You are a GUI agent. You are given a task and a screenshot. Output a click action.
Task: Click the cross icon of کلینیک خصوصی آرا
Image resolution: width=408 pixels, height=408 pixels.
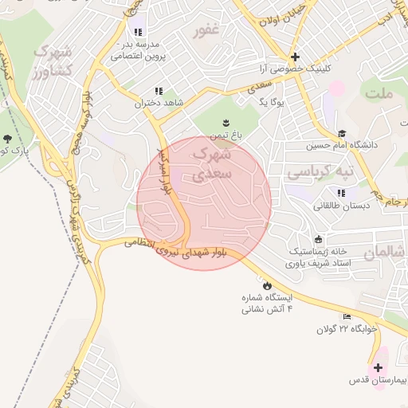(x=295, y=57)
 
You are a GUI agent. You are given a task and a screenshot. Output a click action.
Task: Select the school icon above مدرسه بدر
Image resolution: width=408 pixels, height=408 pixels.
(x=138, y=33)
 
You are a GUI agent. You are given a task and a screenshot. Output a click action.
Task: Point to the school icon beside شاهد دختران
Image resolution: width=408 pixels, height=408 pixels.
(x=159, y=91)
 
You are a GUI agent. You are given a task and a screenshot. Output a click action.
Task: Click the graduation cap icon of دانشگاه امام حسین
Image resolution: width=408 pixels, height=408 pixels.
(x=342, y=134)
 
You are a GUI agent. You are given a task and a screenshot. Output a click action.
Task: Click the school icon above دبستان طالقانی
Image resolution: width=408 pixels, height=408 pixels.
(x=341, y=193)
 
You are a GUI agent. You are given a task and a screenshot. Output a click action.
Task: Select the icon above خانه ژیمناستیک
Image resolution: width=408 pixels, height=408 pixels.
(x=319, y=239)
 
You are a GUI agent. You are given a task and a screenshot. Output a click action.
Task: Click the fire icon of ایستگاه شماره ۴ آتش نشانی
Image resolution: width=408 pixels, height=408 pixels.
(x=266, y=284)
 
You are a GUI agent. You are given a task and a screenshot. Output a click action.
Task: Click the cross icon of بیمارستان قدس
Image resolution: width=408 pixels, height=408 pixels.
(x=378, y=368)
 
